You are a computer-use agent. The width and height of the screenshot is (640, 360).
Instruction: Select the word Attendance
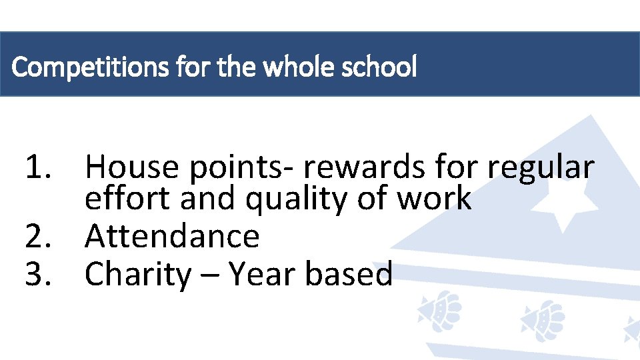(172, 236)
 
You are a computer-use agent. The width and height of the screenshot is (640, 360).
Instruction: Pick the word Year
(262, 274)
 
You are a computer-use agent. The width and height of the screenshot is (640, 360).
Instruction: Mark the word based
(349, 274)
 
